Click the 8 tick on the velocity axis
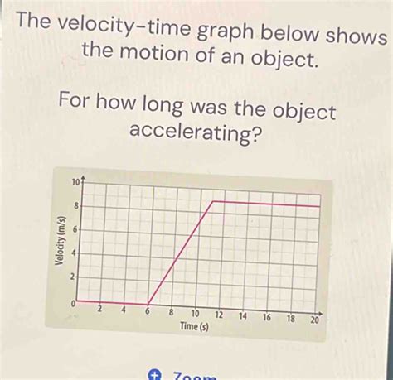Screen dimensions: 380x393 [77, 204]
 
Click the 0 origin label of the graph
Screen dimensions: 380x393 [75, 305]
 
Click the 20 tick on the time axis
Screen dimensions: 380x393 [314, 320]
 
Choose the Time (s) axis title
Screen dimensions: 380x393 [196, 328]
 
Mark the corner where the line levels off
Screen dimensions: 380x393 [214, 201]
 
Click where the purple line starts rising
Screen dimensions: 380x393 [148, 303]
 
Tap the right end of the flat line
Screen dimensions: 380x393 [319, 206]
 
